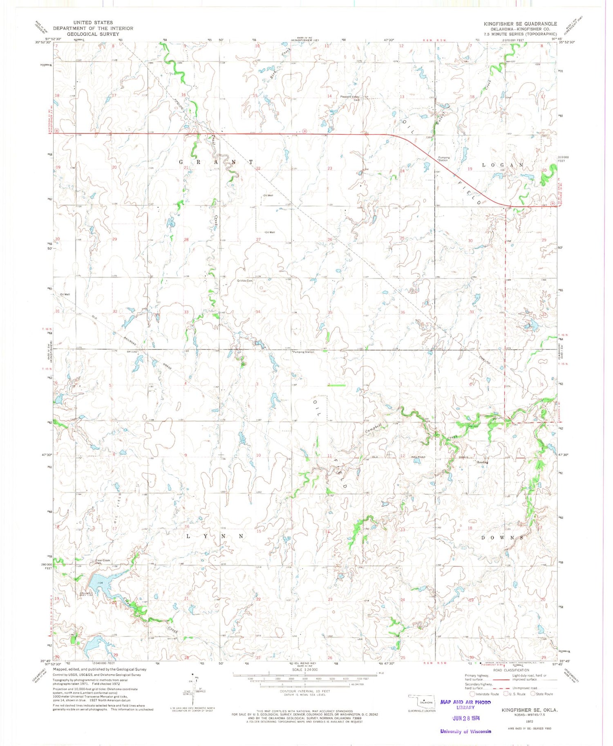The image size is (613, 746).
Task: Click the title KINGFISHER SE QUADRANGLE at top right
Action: [520, 24]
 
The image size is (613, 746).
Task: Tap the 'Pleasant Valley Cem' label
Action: [351, 98]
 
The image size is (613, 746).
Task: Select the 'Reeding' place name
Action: [483, 462]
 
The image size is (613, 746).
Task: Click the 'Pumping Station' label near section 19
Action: [444, 159]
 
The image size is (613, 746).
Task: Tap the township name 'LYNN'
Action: [215, 536]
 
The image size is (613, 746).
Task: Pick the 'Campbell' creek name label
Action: [374, 428]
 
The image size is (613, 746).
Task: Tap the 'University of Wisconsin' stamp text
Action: [465, 731]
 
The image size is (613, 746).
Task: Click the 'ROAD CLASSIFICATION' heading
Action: [511, 670]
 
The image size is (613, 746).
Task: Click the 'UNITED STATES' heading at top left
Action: [93, 22]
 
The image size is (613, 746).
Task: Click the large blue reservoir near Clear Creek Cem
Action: [98, 584]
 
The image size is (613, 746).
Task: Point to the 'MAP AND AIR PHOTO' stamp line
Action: [465, 702]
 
